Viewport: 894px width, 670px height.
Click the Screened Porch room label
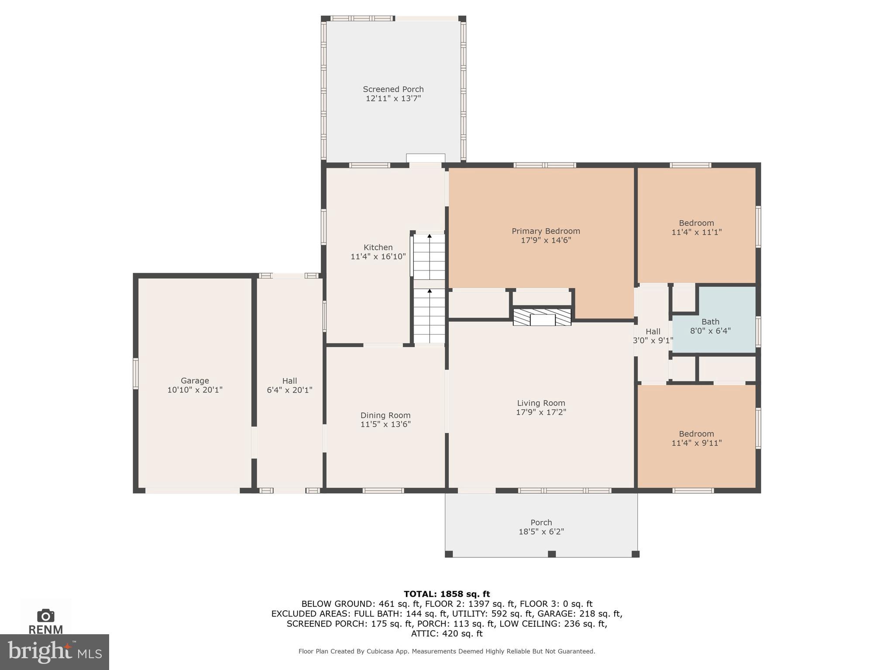coord(393,89)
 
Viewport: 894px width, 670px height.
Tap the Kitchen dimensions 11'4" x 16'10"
coord(378,257)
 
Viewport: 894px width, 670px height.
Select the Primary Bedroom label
coord(546,231)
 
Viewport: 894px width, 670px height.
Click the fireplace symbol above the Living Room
coord(542,318)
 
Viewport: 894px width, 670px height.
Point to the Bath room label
coord(710,322)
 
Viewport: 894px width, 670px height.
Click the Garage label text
coord(195,381)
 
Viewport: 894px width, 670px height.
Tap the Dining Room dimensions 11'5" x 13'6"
coord(385,424)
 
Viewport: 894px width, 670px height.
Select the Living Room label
coord(541,403)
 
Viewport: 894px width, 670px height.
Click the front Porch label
coord(541,523)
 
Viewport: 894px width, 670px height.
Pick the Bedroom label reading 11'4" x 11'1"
coord(696,228)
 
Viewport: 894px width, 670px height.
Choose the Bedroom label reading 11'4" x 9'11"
coord(696,438)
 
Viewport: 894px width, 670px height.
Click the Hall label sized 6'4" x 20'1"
coord(289,385)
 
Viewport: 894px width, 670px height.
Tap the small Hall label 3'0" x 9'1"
coord(653,336)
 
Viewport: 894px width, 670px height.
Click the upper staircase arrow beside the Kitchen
coord(430,236)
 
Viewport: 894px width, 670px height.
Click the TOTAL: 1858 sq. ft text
coord(447,594)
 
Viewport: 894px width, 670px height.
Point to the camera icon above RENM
coord(46,615)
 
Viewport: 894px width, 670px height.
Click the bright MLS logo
coord(55,652)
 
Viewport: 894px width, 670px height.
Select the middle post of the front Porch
coord(552,554)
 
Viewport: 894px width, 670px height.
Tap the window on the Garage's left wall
coord(136,373)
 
